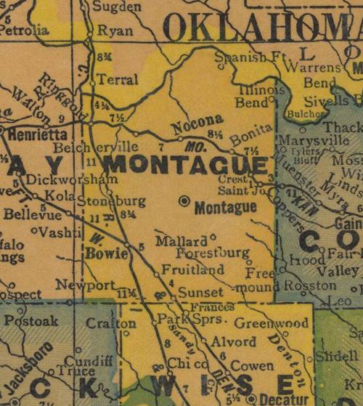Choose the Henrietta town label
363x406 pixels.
(38, 134)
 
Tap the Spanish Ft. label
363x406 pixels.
(248, 56)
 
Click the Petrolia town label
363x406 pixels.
(27, 31)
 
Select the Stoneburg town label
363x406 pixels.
(101, 201)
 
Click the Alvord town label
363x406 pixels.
(232, 341)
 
